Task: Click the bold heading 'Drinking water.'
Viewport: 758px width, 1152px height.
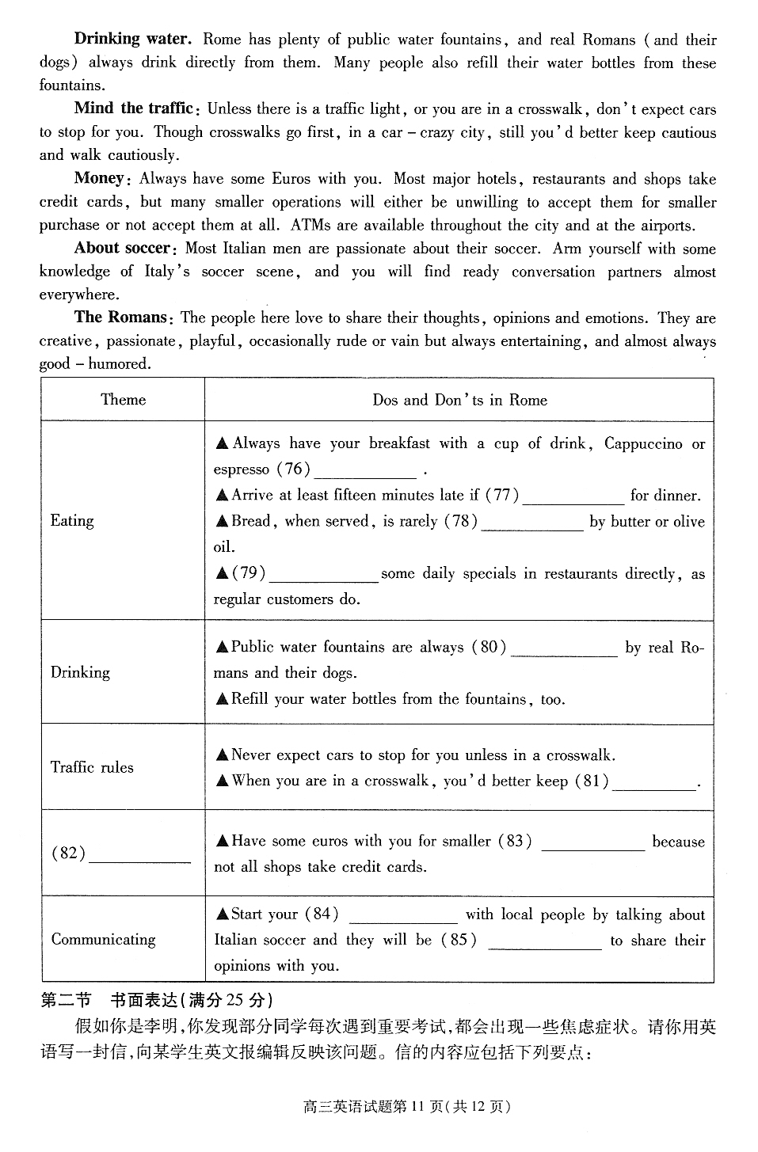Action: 132,39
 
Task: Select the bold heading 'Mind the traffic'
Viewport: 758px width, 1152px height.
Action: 134,108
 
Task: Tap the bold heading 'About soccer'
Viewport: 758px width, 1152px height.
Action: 123,248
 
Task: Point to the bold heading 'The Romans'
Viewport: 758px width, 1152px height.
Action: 120,317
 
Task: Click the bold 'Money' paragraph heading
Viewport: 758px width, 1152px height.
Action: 100,178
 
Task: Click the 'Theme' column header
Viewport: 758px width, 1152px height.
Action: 124,399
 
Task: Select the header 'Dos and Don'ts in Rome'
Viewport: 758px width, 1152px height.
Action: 459,400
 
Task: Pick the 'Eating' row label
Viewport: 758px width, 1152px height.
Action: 72,520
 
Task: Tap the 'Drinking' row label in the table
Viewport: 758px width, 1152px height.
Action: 80,672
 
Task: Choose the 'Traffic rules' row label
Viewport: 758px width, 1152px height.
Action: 92,767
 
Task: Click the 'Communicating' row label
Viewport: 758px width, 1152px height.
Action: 104,940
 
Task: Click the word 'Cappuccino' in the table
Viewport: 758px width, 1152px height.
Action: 643,443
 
